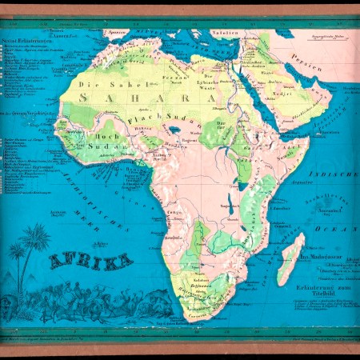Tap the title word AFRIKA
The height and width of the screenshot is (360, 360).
coord(90,261)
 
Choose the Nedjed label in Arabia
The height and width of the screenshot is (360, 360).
coord(282,93)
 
